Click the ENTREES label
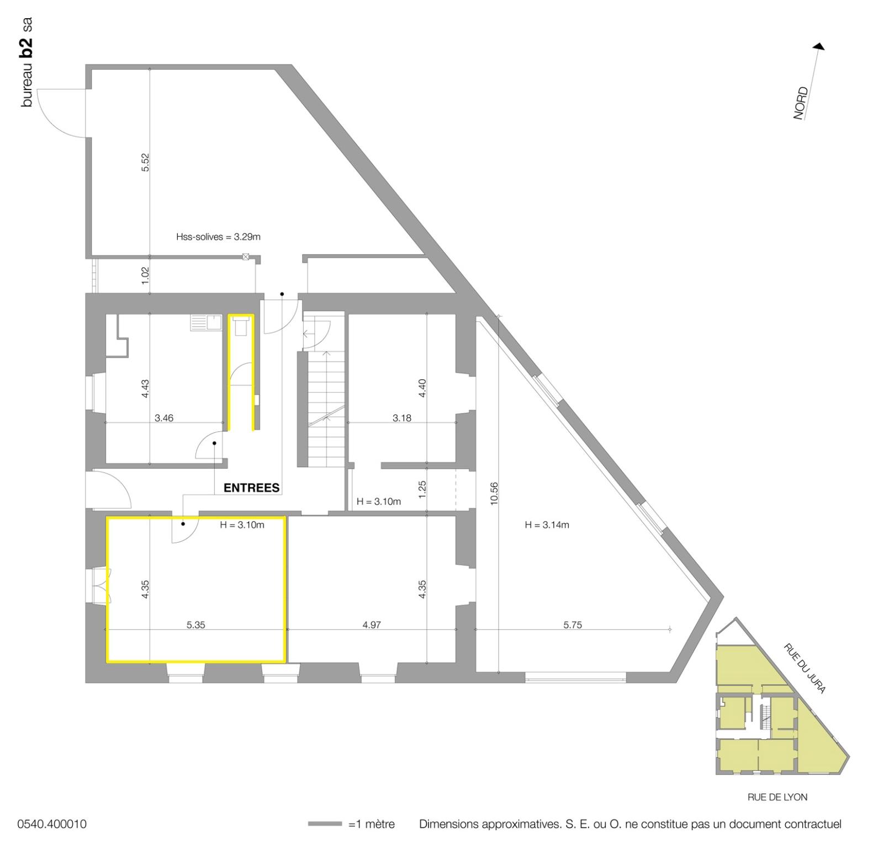tap(251, 488)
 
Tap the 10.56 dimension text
tap(494, 493)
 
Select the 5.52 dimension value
tap(145, 162)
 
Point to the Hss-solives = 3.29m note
tap(218, 237)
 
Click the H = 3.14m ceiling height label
tap(547, 525)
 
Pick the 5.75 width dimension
tap(573, 625)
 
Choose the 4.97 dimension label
tap(372, 625)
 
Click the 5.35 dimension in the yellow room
tap(196, 625)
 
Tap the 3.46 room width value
tap(164, 418)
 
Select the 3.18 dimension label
tap(402, 418)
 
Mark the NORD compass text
tap(800, 103)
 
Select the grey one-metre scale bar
tap(325, 824)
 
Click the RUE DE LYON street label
tap(777, 797)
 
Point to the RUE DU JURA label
tap(805, 668)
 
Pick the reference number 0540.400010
tap(52, 824)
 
